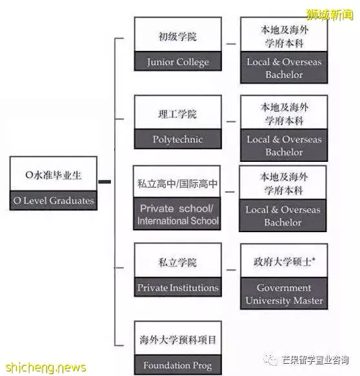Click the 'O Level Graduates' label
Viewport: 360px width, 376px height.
(54, 201)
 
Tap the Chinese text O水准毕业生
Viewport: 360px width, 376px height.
(53, 175)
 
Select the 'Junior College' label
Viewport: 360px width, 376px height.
(177, 62)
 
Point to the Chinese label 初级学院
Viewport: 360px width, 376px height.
(177, 37)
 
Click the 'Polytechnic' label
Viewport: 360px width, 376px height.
(177, 139)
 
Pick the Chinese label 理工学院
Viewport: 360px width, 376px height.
(177, 114)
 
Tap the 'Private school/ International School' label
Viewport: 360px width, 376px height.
(177, 215)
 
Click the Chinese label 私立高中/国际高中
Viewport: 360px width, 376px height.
(177, 184)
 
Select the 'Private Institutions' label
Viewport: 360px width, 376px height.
(177, 288)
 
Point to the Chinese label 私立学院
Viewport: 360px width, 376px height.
(177, 262)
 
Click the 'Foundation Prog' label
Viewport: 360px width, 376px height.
(177, 365)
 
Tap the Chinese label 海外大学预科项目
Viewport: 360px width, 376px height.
(177, 340)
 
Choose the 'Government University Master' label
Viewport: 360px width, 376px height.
(285, 294)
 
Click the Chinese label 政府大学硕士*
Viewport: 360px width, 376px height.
(285, 262)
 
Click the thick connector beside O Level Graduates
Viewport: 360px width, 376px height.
(105, 182)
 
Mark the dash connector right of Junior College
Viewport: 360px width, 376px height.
(231, 44)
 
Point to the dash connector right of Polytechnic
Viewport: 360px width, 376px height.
(231, 122)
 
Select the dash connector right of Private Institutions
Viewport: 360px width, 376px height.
(231, 270)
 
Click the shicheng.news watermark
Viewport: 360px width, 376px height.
(46, 368)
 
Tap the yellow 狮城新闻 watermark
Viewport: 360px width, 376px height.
(330, 15)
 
